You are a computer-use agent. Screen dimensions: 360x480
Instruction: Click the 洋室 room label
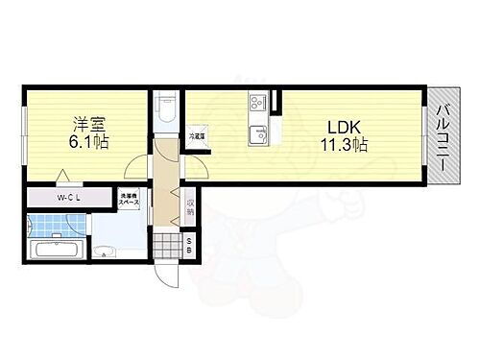tap(88, 123)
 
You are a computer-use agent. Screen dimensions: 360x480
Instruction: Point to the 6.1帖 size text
tap(88, 142)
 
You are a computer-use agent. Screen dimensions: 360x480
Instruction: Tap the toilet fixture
tap(166, 108)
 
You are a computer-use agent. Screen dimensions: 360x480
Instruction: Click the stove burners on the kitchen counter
tap(256, 101)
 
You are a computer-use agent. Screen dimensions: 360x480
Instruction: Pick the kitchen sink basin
tap(256, 134)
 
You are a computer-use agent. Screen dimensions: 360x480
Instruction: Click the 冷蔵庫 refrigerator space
tap(198, 137)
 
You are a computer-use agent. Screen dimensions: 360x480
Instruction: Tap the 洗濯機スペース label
tap(129, 204)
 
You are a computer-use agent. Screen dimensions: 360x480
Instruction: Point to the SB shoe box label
tap(189, 244)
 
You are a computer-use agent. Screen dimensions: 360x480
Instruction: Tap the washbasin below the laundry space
tap(104, 252)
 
